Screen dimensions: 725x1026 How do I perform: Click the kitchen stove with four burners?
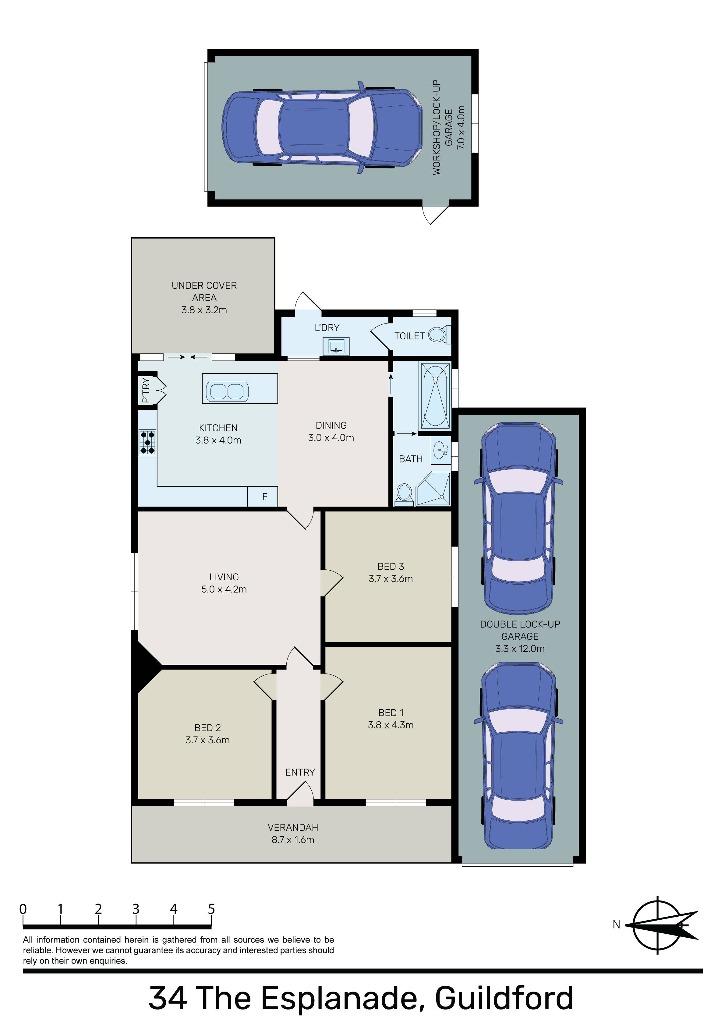click(147, 442)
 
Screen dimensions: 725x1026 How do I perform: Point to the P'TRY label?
click(146, 390)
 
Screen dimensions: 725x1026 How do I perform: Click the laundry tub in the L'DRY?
click(336, 346)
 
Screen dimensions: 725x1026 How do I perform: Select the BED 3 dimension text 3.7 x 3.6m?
click(391, 579)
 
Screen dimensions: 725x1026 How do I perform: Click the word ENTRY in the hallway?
click(300, 772)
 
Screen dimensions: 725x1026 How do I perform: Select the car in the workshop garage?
click(322, 127)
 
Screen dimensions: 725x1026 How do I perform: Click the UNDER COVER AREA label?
click(204, 291)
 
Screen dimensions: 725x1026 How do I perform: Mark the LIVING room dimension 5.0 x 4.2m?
click(224, 589)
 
